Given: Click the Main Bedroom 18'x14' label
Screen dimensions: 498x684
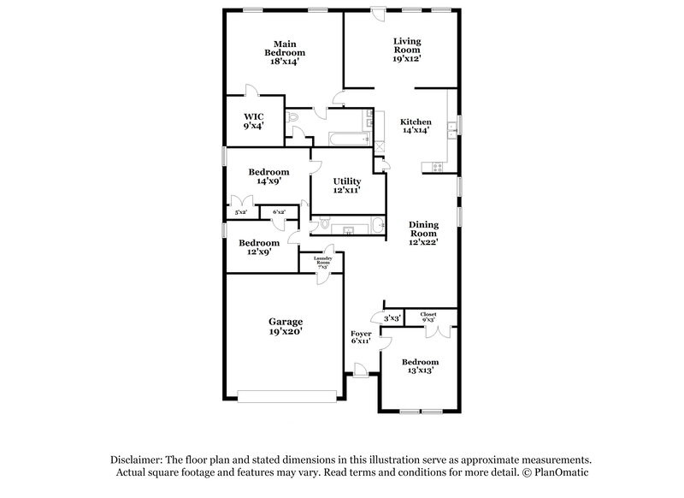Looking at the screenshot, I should (284, 51).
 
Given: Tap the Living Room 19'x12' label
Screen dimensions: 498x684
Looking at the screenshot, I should (406, 49).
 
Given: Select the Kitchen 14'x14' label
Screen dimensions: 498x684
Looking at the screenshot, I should (416, 126).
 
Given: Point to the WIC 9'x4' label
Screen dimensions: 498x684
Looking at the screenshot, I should (253, 121).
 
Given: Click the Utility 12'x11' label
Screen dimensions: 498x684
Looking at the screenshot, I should (346, 186).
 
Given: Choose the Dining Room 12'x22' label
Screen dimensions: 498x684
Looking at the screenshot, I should (422, 234).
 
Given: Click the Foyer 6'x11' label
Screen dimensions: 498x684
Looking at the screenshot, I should (360, 336).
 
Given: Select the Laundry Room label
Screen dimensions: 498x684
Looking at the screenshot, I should (322, 262).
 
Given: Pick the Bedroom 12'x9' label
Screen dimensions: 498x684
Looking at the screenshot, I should (258, 246).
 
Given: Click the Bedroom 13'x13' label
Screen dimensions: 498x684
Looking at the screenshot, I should (421, 366).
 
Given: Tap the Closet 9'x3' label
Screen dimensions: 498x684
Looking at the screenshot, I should (427, 317).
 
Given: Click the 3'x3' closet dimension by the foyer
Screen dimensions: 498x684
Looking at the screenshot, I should (392, 317).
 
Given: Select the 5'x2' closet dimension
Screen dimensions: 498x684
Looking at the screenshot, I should (240, 212).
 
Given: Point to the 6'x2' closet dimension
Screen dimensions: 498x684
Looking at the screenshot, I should (279, 212).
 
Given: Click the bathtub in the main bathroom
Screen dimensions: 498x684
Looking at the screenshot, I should (347, 139).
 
